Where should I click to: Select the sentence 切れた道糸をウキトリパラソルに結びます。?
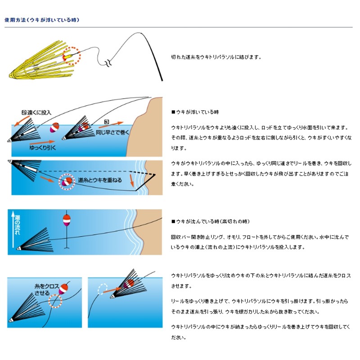point(216,57)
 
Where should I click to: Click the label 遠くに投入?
point(37,112)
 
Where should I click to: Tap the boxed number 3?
point(107,121)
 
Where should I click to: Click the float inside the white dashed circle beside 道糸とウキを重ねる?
point(66,181)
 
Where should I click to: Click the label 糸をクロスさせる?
point(44,289)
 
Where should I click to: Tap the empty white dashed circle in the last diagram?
point(102,288)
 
